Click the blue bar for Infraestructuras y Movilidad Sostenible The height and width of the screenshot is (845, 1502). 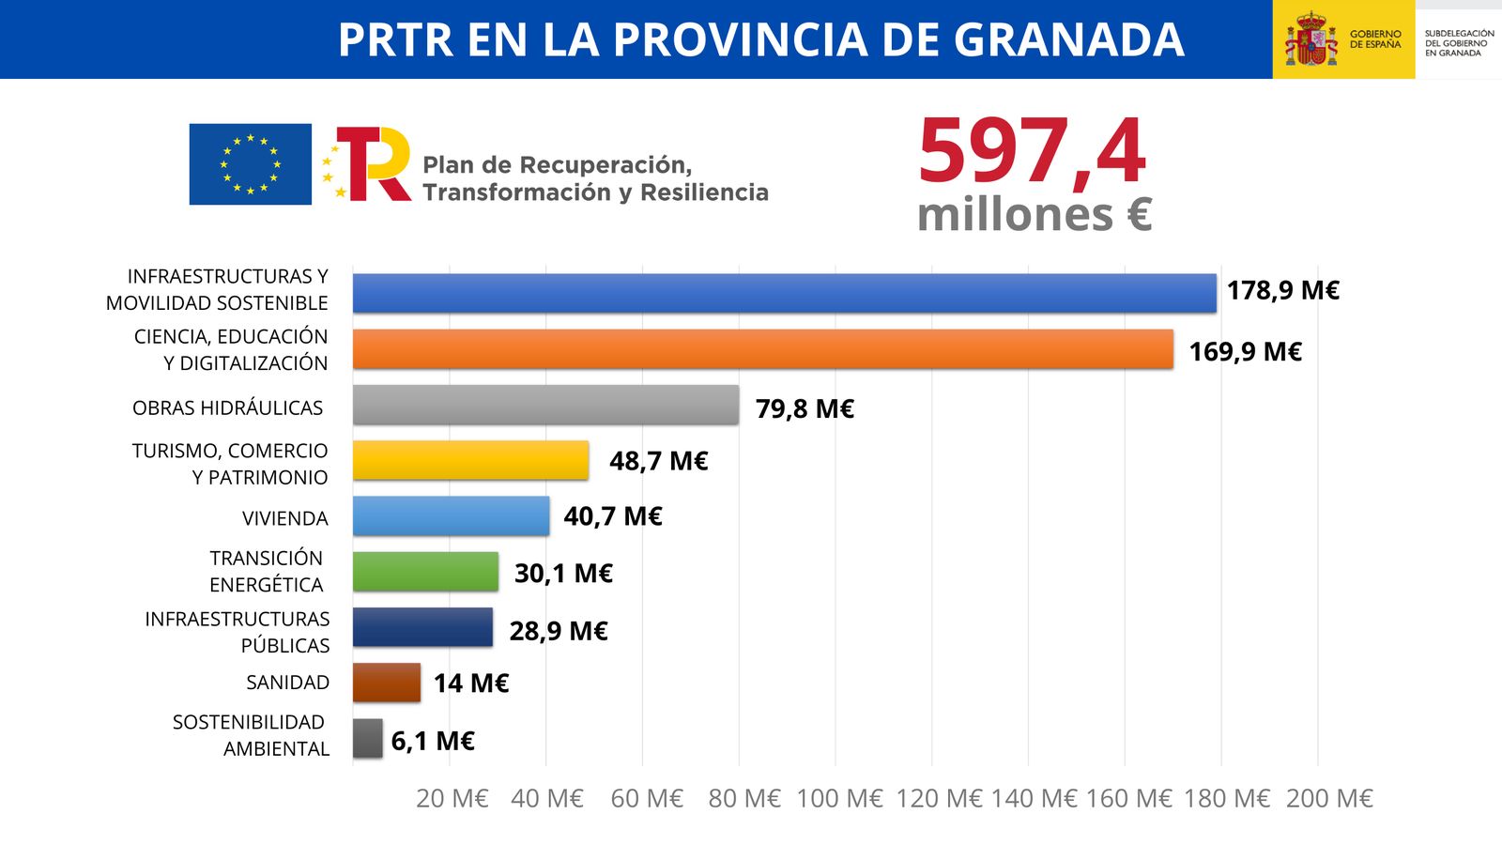coord(784,293)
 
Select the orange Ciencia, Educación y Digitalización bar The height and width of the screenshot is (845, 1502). coord(762,349)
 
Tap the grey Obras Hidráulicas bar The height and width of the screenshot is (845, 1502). coord(545,405)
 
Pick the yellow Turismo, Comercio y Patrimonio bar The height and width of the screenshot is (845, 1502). coord(470,460)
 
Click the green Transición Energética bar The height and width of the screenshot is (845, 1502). coord(425,572)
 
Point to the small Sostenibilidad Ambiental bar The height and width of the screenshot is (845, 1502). coord(367,739)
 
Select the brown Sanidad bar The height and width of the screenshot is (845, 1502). coord(386,683)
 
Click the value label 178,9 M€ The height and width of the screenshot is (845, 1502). coord(1282,291)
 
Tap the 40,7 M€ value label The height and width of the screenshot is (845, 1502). coord(613,516)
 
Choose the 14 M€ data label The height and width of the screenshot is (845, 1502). coord(470,684)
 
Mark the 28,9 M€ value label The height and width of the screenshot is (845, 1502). coord(559,631)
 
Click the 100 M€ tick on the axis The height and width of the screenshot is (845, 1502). coord(839,798)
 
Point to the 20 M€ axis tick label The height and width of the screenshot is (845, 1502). coord(452,798)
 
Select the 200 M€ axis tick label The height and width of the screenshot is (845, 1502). coord(1328,798)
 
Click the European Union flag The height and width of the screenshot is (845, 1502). coord(250,164)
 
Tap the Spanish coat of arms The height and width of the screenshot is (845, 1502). coord(1310,39)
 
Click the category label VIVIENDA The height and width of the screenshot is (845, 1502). coord(284,518)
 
